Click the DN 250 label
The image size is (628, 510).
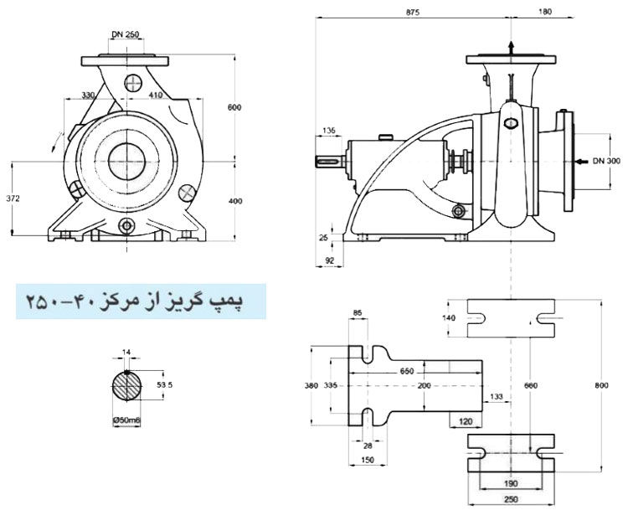pyautogui.click(x=126, y=35)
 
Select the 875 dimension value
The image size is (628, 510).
pyautogui.click(x=411, y=13)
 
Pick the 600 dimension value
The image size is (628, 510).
pyautogui.click(x=234, y=106)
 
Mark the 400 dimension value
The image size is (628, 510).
pyautogui.click(x=234, y=201)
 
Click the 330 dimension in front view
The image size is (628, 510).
pyautogui.click(x=87, y=96)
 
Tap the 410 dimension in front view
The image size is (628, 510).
pyautogui.click(x=156, y=96)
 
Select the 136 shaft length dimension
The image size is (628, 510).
pyautogui.click(x=328, y=131)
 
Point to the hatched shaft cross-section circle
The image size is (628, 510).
pyautogui.click(x=126, y=388)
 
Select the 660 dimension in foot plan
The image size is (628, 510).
pyautogui.click(x=530, y=384)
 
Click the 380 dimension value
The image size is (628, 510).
pyautogui.click(x=312, y=386)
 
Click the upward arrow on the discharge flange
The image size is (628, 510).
pyautogui.click(x=511, y=47)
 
